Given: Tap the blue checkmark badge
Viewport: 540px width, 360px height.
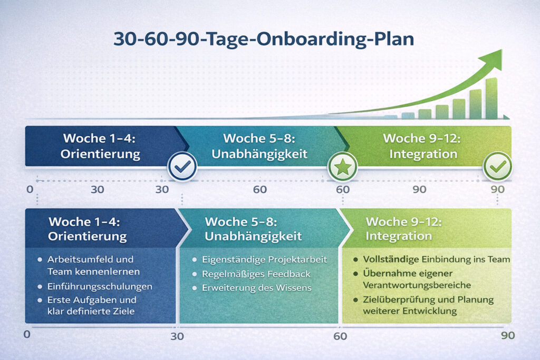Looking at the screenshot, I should point(182,168).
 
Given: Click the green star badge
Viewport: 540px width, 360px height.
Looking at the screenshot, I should point(343,168).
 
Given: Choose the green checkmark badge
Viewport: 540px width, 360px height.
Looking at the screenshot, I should point(497,168).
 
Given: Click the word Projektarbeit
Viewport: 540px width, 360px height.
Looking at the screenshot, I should point(301,259).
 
